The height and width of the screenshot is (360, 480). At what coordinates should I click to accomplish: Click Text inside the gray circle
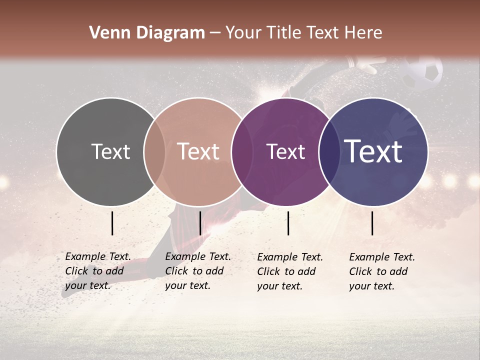(x=110, y=151)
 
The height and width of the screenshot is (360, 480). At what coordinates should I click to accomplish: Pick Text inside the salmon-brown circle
(x=198, y=151)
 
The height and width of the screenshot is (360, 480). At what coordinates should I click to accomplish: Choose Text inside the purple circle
(x=285, y=151)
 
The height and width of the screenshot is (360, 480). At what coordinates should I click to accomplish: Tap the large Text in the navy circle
(x=373, y=151)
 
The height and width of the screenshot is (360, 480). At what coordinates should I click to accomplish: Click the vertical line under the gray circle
(x=112, y=223)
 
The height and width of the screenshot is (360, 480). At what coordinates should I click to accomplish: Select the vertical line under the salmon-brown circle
(x=200, y=223)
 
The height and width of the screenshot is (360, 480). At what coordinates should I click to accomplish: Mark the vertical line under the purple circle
(x=288, y=223)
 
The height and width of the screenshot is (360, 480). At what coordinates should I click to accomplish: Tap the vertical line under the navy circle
(x=372, y=223)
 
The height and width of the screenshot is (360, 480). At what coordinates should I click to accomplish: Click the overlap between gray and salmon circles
(x=154, y=151)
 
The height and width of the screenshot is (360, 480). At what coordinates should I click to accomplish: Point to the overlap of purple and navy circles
(x=327, y=151)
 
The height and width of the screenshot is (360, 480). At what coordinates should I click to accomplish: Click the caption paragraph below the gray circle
(x=98, y=271)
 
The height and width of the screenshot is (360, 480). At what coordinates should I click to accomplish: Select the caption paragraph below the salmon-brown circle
(x=198, y=271)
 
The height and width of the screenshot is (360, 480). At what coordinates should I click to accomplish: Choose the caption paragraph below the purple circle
(x=290, y=271)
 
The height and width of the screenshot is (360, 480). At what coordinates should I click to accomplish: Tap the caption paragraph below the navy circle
(x=382, y=271)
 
